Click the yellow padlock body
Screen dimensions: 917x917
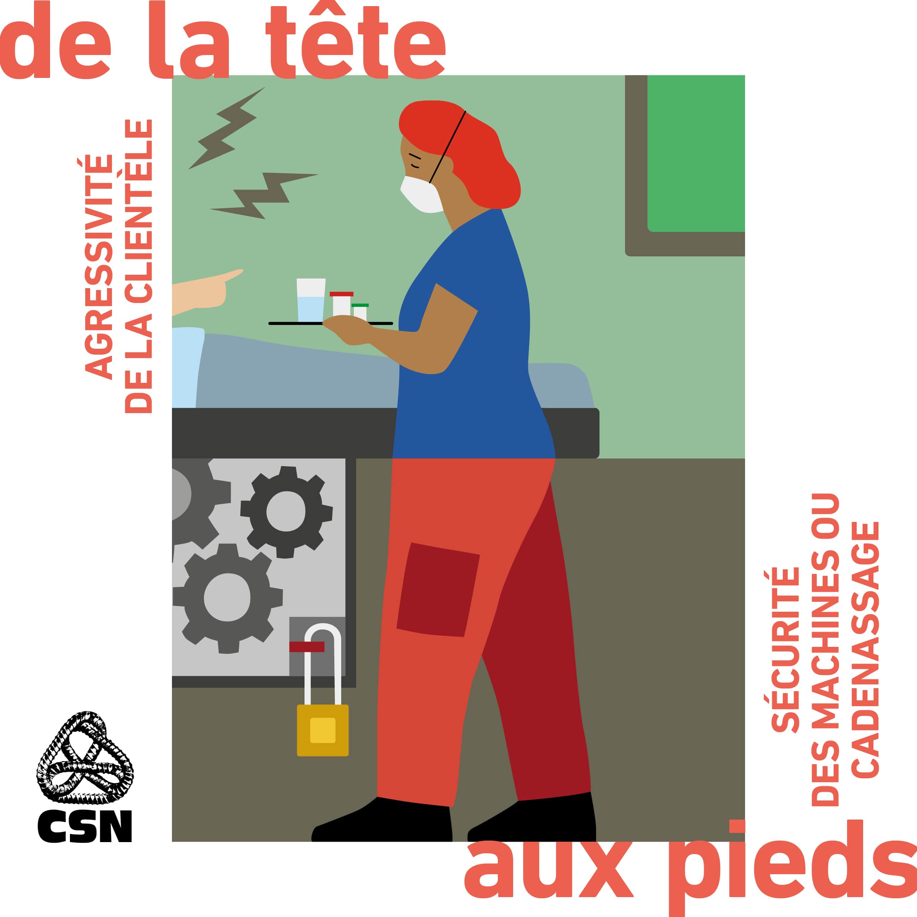[323, 730]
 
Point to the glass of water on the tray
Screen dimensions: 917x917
[311, 300]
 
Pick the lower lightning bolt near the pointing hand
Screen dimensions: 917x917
[264, 196]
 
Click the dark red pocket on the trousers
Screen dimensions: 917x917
[437, 589]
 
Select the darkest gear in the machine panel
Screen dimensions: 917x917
[286, 511]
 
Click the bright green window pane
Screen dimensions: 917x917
[696, 153]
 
